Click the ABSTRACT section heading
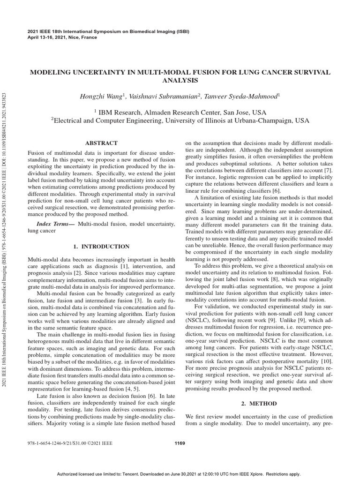(101, 143)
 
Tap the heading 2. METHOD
(259, 404)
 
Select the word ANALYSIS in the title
(180, 81)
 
